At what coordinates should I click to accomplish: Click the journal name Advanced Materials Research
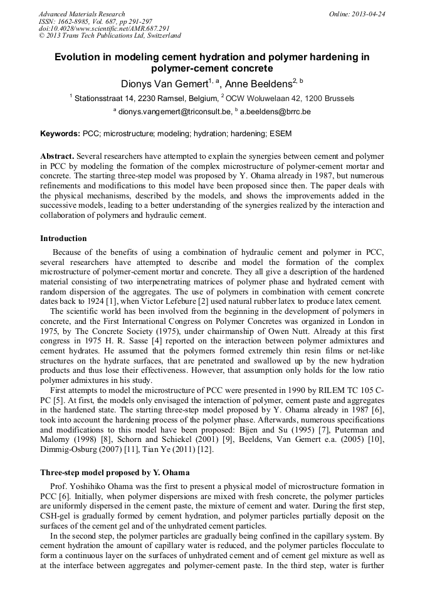coord(81,14)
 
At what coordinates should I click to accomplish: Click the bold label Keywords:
coord(60,134)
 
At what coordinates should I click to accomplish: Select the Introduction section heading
coord(63,239)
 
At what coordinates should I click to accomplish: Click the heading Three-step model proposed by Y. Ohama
coord(115,472)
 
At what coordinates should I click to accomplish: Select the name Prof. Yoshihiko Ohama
coord(97,486)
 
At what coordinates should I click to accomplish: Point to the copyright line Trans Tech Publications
coord(110,36)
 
